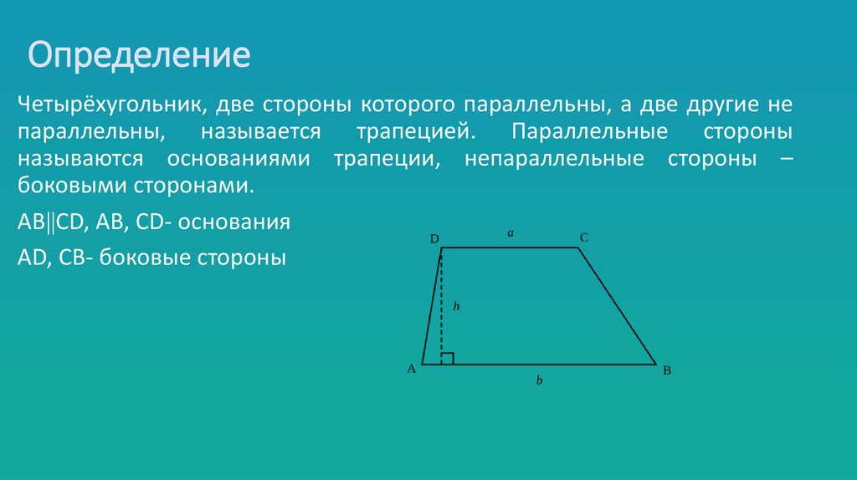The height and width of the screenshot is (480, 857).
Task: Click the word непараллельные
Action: click(x=553, y=159)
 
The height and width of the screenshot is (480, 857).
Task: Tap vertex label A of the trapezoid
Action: click(x=412, y=369)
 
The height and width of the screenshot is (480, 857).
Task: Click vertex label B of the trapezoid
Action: click(x=667, y=370)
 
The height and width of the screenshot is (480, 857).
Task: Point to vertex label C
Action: click(x=584, y=238)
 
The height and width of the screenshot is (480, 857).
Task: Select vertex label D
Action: click(x=434, y=239)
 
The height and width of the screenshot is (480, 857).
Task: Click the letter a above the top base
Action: click(x=510, y=235)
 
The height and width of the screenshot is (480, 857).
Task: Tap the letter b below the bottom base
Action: click(x=540, y=380)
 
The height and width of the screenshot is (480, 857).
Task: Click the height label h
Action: click(x=457, y=307)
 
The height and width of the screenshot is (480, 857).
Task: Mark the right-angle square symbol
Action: click(x=448, y=359)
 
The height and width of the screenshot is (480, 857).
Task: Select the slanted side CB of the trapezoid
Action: click(x=618, y=306)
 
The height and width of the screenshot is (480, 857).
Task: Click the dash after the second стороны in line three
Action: click(x=785, y=159)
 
